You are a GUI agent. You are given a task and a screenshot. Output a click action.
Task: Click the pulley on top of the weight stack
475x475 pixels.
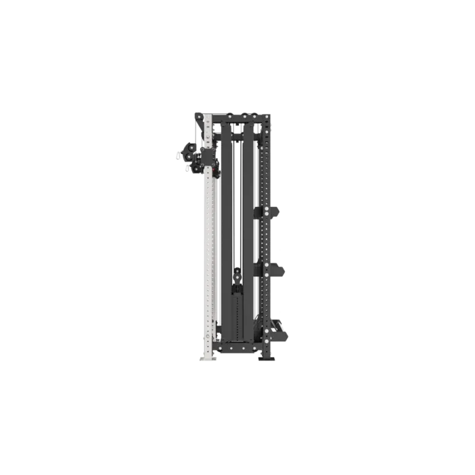[x=237, y=276]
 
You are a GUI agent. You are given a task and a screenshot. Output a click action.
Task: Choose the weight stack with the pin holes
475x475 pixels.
[x=237, y=316]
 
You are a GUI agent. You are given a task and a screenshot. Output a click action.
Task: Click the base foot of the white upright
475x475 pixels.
[x=206, y=357]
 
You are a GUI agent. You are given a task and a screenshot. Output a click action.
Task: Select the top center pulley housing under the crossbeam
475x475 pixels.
[x=236, y=136]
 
